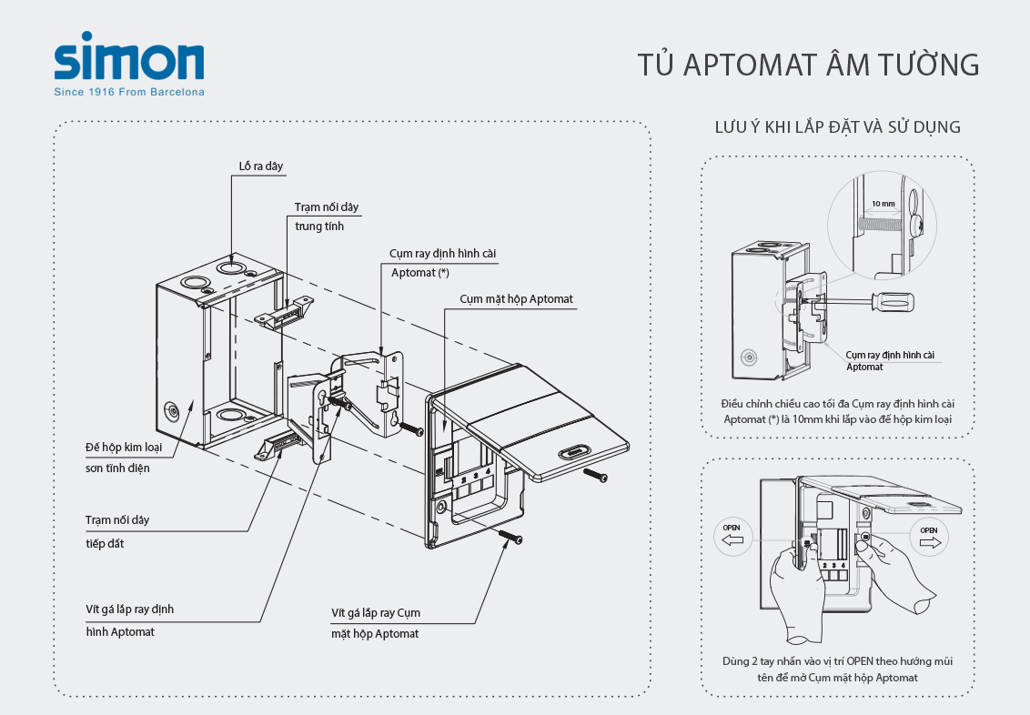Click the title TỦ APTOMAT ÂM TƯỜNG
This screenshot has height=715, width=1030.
point(808,65)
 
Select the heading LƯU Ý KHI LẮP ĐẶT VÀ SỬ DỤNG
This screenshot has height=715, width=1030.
point(837,127)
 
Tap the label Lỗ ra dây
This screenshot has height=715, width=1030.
point(261,166)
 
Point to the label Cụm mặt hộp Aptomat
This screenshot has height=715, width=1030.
point(516,298)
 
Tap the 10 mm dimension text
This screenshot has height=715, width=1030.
point(883,204)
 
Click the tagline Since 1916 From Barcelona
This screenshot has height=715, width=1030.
point(129,92)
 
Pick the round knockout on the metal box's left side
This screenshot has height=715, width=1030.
point(173,412)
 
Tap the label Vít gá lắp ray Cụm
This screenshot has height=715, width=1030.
point(376,612)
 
